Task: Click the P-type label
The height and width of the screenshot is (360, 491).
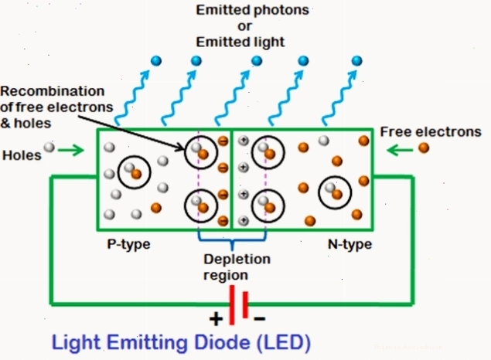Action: tap(128, 244)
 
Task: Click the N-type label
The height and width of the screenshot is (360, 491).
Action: tap(349, 244)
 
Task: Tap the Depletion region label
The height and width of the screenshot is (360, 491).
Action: tap(237, 267)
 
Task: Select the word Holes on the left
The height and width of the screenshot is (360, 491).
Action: tap(22, 155)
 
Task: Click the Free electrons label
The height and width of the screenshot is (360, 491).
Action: tap(431, 131)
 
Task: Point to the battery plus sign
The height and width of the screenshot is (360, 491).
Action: tap(216, 319)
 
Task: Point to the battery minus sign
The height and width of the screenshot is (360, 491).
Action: tap(259, 319)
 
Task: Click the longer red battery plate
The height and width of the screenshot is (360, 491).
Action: tap(232, 305)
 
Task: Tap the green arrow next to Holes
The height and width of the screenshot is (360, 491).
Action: tap(71, 150)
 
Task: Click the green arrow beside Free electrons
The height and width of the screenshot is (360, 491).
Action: tap(400, 151)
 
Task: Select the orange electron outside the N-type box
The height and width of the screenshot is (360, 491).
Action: tap(424, 148)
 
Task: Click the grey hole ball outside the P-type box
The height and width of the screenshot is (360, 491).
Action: tap(49, 147)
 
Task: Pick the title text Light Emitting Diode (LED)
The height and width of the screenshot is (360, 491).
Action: tap(181, 343)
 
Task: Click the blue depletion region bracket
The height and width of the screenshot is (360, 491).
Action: tap(232, 240)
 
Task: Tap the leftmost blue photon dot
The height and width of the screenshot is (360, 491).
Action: tap(156, 61)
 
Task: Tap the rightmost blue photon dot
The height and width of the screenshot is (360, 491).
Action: tap(356, 61)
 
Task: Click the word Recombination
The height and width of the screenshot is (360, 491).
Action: tap(53, 91)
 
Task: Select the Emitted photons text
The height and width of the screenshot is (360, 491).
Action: tap(252, 10)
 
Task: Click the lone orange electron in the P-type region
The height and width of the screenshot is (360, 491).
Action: tap(156, 208)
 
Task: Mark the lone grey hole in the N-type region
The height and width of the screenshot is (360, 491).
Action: tap(324, 141)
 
